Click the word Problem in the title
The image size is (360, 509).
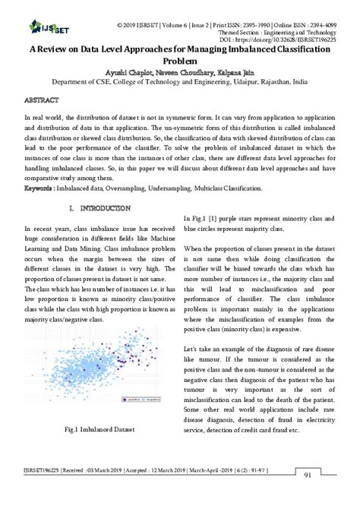click(180, 57)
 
